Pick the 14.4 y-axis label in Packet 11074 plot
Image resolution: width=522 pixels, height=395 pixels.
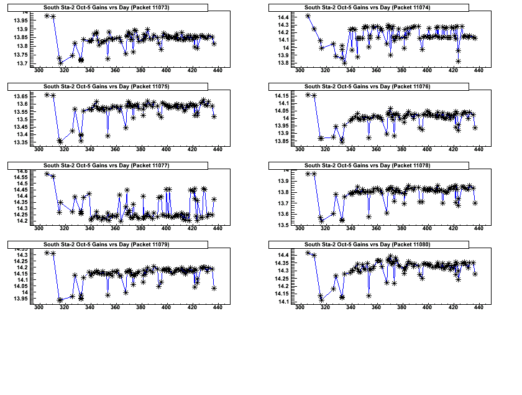pos(283,17)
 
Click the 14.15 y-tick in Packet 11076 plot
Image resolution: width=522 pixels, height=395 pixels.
pos(281,95)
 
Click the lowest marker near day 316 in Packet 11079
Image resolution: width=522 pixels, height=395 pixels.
pos(60,300)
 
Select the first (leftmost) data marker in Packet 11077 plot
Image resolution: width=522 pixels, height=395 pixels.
pos(47,174)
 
